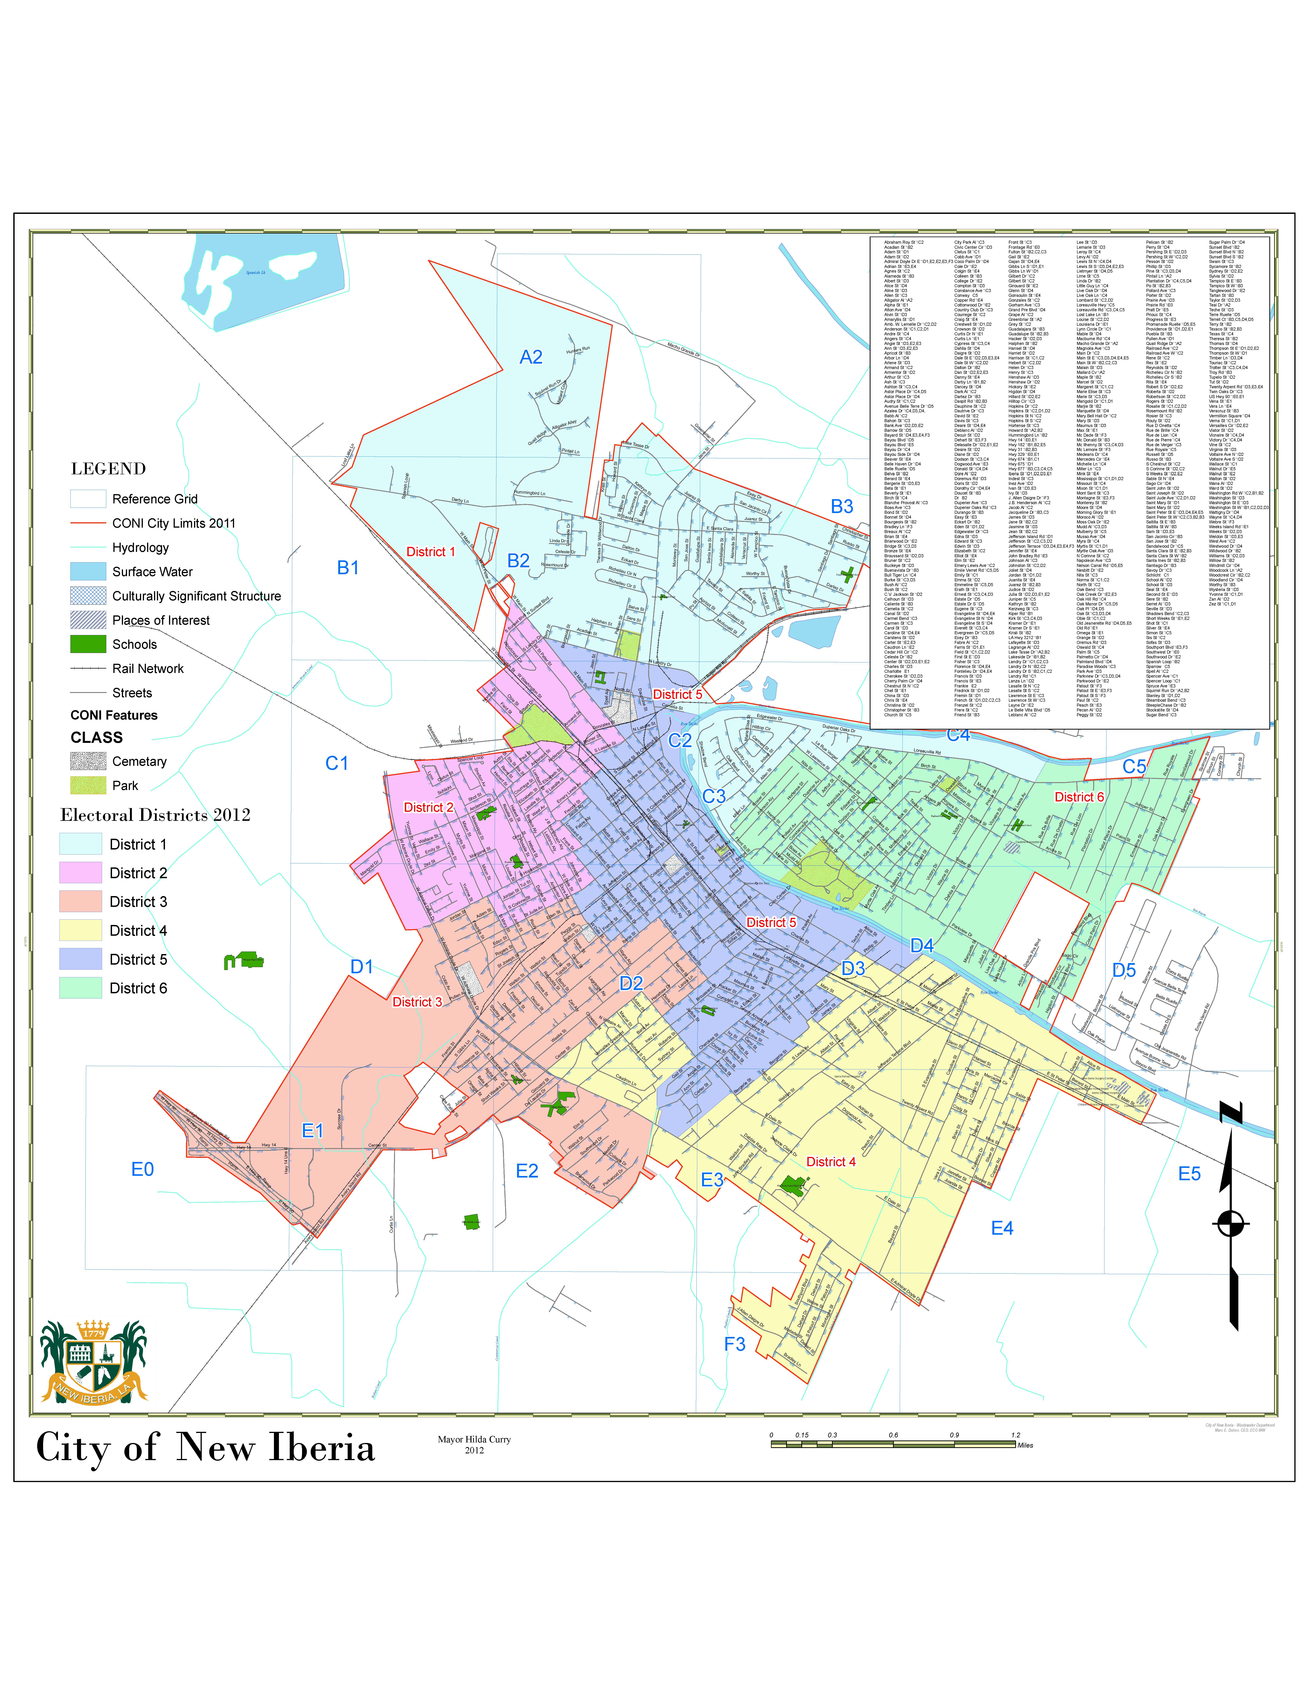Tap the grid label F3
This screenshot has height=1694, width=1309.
pyautogui.click(x=734, y=1344)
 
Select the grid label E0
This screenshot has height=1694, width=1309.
pyautogui.click(x=143, y=1170)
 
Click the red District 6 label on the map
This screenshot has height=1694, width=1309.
pyautogui.click(x=1079, y=797)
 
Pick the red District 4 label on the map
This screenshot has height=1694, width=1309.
pyautogui.click(x=830, y=1162)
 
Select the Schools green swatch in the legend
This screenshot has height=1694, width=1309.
pyautogui.click(x=88, y=644)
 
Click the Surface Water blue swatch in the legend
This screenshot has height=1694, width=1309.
pyautogui.click(x=88, y=572)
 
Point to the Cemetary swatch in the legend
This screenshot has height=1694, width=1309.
pyautogui.click(x=88, y=761)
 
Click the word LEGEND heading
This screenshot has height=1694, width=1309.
pyautogui.click(x=109, y=469)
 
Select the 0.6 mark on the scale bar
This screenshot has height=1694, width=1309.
pyautogui.click(x=893, y=1435)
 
